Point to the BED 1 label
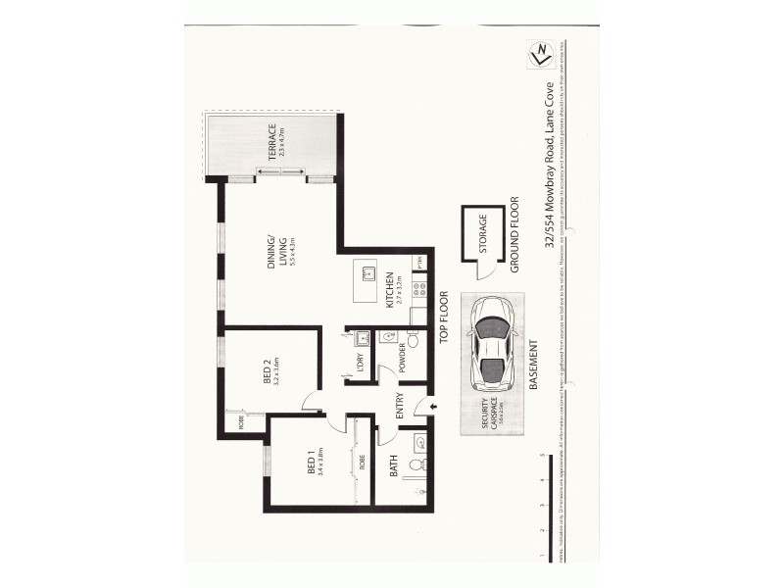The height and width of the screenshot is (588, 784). click(x=314, y=464)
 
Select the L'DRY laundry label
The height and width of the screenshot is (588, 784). click(x=360, y=362)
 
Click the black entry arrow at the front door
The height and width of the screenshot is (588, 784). click(x=434, y=406)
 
